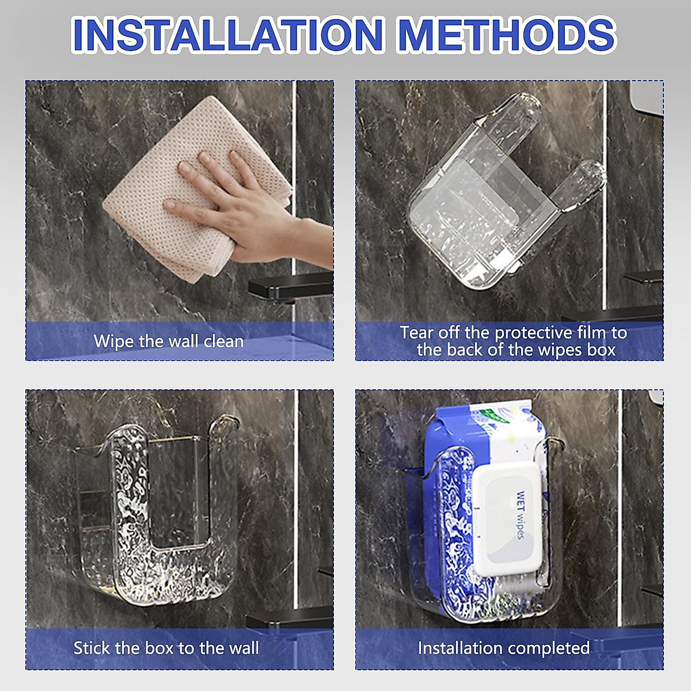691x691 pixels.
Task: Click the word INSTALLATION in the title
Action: (x=227, y=35)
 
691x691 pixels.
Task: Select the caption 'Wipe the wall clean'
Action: (x=169, y=341)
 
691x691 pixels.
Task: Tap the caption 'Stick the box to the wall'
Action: (x=166, y=648)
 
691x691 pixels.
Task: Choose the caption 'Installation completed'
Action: (x=504, y=648)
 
